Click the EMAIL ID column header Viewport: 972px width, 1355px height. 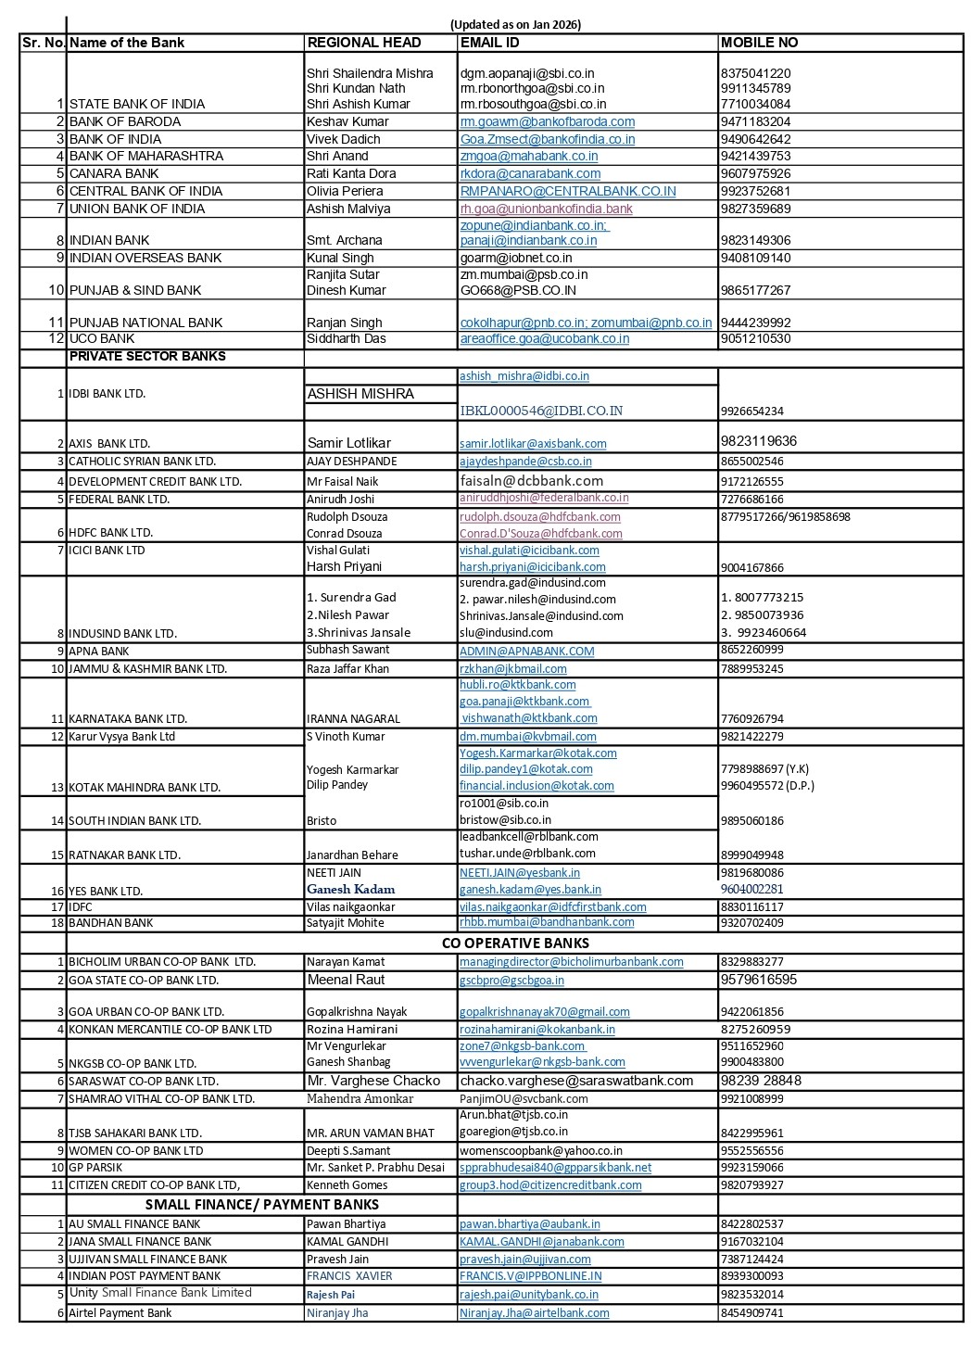[x=489, y=43]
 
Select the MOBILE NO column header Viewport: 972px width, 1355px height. [x=759, y=43]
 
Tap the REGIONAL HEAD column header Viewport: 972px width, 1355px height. [x=364, y=43]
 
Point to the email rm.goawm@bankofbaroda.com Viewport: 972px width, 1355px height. [x=547, y=121]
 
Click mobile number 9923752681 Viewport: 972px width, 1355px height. [x=755, y=191]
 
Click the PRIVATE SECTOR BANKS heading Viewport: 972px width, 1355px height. [x=147, y=356]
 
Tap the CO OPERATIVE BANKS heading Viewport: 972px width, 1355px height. [x=515, y=943]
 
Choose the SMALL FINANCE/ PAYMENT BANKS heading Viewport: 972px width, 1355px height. [x=262, y=1204]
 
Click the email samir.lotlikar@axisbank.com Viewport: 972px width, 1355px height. [x=533, y=444]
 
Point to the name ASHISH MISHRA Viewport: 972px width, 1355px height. [x=360, y=394]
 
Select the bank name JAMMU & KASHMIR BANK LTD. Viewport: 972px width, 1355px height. [x=147, y=668]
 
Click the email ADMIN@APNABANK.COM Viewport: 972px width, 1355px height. [x=526, y=651]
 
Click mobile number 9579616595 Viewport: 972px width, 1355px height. [x=758, y=980]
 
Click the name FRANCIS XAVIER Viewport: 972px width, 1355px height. [x=349, y=1276]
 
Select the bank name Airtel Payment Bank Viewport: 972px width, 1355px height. [x=120, y=1312]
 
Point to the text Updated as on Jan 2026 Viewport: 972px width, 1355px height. [x=515, y=25]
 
